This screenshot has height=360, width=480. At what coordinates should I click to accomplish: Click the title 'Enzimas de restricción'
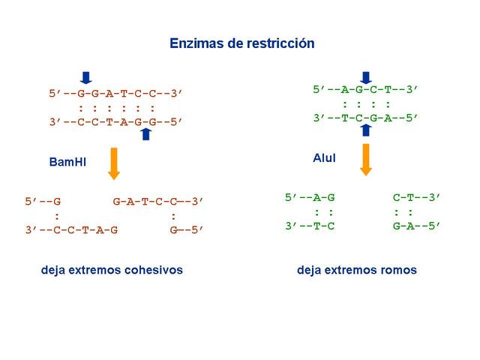click(241, 43)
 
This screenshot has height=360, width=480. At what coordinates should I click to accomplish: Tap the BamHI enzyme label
click(67, 161)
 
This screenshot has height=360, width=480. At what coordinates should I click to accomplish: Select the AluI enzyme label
click(325, 158)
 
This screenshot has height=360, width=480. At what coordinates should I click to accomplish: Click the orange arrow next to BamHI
click(114, 163)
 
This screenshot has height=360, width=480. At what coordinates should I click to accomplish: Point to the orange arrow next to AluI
click(366, 157)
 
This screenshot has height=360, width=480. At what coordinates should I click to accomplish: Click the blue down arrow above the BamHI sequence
click(86, 76)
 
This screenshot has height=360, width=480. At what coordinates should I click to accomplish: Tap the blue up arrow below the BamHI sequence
click(146, 133)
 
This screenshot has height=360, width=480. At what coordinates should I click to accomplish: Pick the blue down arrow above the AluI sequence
click(366, 77)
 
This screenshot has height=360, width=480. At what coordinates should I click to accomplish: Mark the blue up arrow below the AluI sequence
click(366, 130)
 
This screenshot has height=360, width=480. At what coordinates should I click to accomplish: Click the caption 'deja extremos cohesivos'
click(112, 269)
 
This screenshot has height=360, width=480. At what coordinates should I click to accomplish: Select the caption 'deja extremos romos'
click(356, 269)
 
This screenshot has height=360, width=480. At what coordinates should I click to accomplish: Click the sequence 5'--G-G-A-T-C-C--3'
click(116, 94)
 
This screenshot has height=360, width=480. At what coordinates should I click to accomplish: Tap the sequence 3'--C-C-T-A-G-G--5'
click(116, 121)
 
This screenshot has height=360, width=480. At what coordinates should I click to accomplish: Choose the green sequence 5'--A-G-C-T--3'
click(365, 90)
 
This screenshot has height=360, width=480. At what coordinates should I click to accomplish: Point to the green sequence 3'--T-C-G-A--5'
click(365, 118)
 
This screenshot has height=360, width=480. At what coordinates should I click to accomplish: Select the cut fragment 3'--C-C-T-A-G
click(71, 229)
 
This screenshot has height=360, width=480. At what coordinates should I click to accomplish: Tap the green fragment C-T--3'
click(417, 198)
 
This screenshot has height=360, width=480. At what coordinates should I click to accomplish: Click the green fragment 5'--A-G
click(310, 198)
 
